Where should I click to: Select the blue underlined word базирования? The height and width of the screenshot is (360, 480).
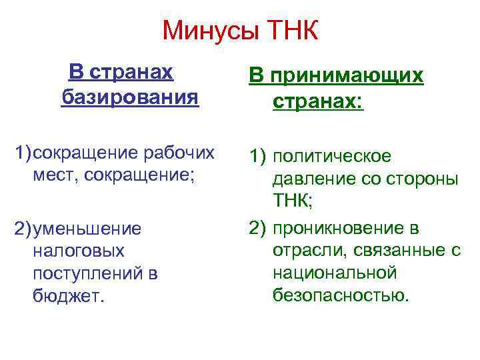(x=130, y=98)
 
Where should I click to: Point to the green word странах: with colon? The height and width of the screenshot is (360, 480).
(x=318, y=103)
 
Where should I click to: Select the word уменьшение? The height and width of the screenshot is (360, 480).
(x=86, y=229)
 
